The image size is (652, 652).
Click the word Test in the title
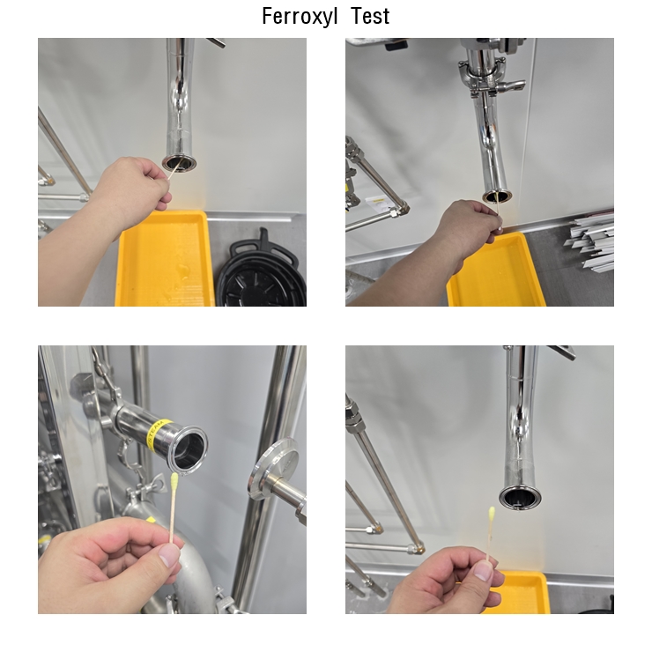coord(370,17)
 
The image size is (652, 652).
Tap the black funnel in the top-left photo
coord(261,270)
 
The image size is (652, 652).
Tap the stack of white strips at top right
coord(590,241)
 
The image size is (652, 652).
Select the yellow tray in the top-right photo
coord(495,271)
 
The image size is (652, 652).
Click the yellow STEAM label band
coord(159,434)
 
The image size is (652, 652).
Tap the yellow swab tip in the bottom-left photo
coord(174,481)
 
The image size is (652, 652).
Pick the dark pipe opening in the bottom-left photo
coord(189,450)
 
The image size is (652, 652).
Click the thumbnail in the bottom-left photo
coord(170,556)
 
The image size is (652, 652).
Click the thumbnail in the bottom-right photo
coord(484,571)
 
